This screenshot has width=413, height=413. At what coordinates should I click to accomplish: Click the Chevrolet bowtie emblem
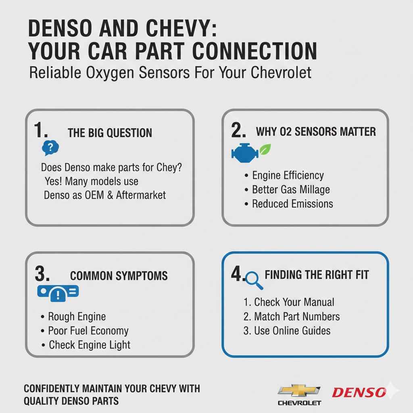click(x=299, y=390)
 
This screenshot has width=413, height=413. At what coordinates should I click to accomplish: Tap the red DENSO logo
click(x=359, y=392)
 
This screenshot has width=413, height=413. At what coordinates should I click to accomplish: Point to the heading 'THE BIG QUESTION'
click(x=110, y=133)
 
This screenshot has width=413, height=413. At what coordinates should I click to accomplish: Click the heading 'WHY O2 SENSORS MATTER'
click(x=316, y=131)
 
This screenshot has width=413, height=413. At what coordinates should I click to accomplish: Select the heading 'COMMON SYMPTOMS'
click(x=119, y=276)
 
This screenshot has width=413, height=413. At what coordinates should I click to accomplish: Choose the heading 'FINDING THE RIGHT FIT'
click(x=317, y=275)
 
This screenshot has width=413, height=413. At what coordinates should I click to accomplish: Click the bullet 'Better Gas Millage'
click(x=291, y=190)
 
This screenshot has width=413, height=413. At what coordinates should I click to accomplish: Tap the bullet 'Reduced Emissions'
click(x=292, y=204)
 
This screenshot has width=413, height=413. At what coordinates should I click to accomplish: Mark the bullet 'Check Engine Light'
click(x=90, y=345)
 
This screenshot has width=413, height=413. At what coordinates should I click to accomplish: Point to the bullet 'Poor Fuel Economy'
click(x=88, y=331)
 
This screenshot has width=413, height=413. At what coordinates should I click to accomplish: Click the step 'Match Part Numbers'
click(x=297, y=317)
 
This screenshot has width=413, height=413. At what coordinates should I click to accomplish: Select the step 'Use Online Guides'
click(x=292, y=331)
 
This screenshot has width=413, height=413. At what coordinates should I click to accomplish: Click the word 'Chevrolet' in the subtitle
click(x=281, y=73)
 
